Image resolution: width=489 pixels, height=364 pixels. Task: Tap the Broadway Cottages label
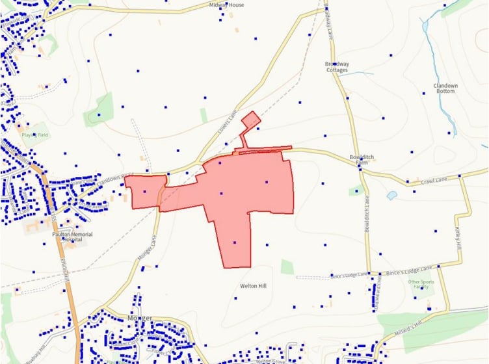(x=337, y=67)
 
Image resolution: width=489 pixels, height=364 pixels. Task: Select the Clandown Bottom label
(x=445, y=88)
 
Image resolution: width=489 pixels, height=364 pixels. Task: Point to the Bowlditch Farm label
(x=359, y=161)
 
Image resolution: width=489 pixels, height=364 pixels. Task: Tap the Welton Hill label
(x=253, y=285)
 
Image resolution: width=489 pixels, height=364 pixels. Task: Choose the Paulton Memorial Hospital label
(x=72, y=237)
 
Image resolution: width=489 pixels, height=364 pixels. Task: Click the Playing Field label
(x=34, y=135)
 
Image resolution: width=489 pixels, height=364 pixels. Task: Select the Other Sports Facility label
(x=420, y=285)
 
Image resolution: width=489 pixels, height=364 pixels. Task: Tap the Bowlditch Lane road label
(x=367, y=211)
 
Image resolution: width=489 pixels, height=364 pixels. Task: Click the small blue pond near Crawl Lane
(x=391, y=195)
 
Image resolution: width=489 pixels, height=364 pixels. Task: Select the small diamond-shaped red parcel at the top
(x=250, y=120)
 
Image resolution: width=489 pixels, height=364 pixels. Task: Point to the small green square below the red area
(x=287, y=266)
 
